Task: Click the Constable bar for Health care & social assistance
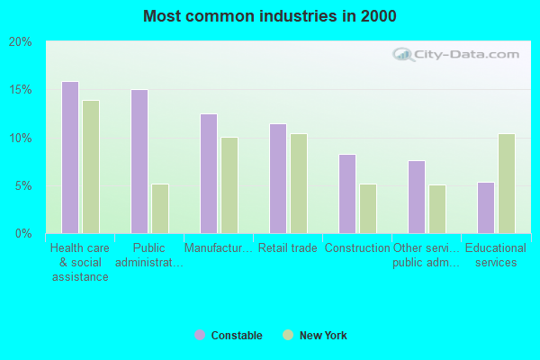coord(70,157)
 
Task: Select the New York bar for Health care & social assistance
coord(91,166)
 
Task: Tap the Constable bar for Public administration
coord(139,161)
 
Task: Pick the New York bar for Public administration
coord(160,209)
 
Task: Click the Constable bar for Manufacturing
coord(209,174)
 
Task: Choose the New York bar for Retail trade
coord(299,184)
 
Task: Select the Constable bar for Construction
coord(347,193)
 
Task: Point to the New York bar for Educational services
coord(507,184)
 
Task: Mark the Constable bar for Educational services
coord(486,208)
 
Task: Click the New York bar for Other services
coord(437,209)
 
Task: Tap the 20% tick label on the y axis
coord(20,42)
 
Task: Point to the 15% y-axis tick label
coord(20,90)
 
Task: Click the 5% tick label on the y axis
coord(22,186)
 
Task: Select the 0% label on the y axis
coord(22,234)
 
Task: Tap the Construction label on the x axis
coord(356,248)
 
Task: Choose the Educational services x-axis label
coord(496,256)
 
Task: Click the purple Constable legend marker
coord(199,336)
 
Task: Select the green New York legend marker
coord(288,336)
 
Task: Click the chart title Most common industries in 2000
coord(269,16)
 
